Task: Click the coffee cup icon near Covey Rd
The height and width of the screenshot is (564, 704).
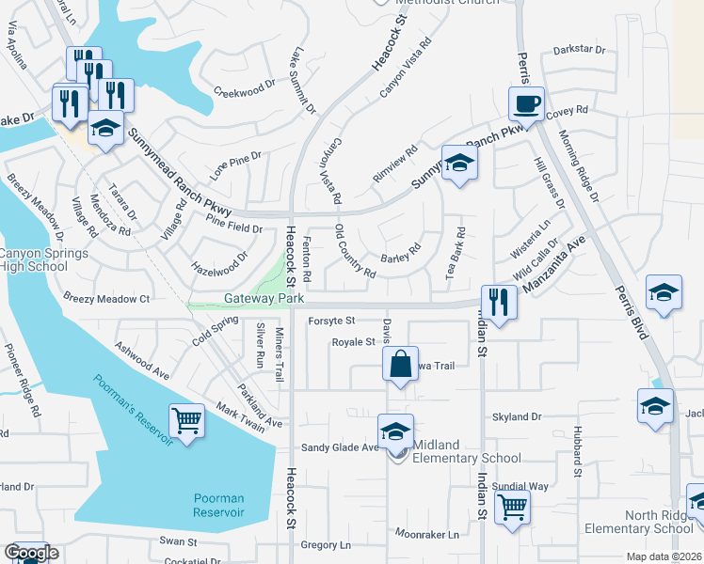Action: pyautogui.click(x=526, y=103)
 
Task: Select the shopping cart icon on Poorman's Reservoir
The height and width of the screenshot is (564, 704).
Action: pyautogui.click(x=186, y=421)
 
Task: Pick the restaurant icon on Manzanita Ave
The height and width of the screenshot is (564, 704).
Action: pyautogui.click(x=499, y=303)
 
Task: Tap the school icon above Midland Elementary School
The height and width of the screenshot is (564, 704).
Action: pyautogui.click(x=395, y=431)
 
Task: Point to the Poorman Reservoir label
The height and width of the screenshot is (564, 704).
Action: pyautogui.click(x=218, y=505)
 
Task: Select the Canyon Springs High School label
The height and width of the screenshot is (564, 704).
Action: pyautogui.click(x=43, y=259)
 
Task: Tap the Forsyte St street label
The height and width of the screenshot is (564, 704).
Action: pyautogui.click(x=330, y=321)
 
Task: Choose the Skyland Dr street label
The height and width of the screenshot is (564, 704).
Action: pyautogui.click(x=518, y=416)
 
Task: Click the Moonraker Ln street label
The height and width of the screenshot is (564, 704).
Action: pyautogui.click(x=427, y=534)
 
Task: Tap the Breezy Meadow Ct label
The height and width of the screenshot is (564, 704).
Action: pyautogui.click(x=107, y=299)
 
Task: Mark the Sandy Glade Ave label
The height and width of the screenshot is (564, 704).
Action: pyautogui.click(x=339, y=447)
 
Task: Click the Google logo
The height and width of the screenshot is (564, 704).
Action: pyautogui.click(x=31, y=553)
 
